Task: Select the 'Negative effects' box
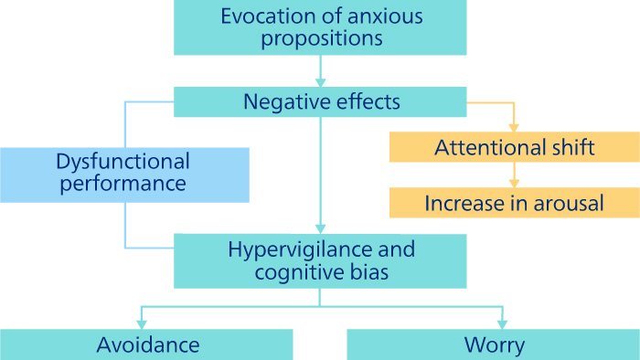(321, 101)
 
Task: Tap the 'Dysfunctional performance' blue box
(123, 174)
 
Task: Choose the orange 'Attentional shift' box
(513, 148)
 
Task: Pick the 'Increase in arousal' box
(513, 203)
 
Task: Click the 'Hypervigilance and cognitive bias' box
(321, 260)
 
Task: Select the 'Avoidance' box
(146, 344)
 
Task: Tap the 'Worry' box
(493, 344)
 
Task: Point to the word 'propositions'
(320, 39)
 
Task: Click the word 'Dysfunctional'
(122, 162)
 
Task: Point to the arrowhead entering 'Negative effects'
(321, 82)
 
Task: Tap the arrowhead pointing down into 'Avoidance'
(140, 323)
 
